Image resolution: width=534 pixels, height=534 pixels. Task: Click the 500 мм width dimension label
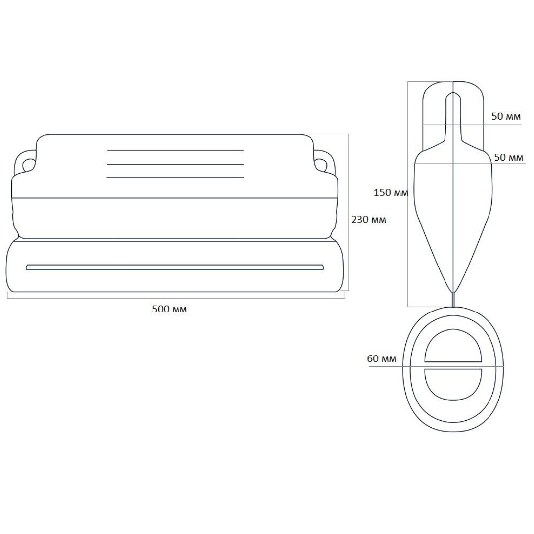tap(169, 309)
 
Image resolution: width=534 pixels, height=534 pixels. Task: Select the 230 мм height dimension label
tap(369, 220)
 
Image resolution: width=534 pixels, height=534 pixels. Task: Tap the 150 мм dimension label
tap(391, 193)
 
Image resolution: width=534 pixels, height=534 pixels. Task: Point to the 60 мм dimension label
tap(382, 358)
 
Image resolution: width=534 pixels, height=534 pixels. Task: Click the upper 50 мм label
tap(506, 116)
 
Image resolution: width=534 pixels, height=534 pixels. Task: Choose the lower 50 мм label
tap(509, 157)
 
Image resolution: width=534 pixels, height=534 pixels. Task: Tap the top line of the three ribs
tap(176, 150)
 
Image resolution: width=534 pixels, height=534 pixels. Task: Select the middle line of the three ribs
tap(176, 164)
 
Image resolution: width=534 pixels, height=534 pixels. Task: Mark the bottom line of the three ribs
tap(176, 177)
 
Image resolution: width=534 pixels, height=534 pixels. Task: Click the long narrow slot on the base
tap(175, 267)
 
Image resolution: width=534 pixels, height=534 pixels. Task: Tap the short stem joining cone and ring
tap(453, 300)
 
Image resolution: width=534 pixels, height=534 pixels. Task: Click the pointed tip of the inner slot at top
tap(453, 92)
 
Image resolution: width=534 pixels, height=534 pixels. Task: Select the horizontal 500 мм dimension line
tap(176, 298)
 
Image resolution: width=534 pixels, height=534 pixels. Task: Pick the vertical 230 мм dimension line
tap(349, 212)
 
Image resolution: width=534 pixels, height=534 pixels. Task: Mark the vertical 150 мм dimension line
tap(408, 194)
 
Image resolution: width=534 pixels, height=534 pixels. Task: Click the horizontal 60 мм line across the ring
tap(437, 366)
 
